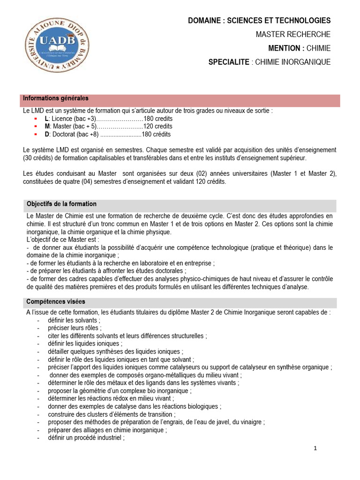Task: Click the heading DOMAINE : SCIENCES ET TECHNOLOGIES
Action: tap(259, 21)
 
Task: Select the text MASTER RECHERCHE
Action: tap(293, 34)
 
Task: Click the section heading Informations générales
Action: tap(56, 98)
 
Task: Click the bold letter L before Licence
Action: tap(46, 119)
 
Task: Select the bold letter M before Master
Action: tap(47, 127)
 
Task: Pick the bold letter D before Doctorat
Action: tap(47, 135)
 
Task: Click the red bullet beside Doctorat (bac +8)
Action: tap(36, 135)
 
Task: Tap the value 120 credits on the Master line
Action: tap(157, 127)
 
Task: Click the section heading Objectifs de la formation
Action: tap(61, 204)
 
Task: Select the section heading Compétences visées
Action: tap(56, 301)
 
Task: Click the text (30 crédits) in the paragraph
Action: tap(40, 158)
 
